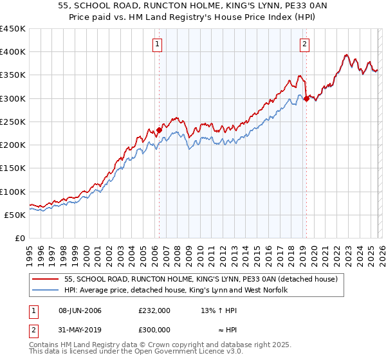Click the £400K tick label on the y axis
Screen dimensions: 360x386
tap(13, 52)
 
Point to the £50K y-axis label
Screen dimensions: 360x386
tap(15, 215)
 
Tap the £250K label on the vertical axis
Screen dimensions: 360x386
tap(13, 122)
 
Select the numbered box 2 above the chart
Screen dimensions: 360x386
tap(304, 44)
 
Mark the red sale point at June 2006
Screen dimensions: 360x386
tap(159, 130)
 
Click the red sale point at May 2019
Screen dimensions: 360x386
tap(306, 98)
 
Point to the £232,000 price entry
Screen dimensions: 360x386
tap(154, 310)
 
